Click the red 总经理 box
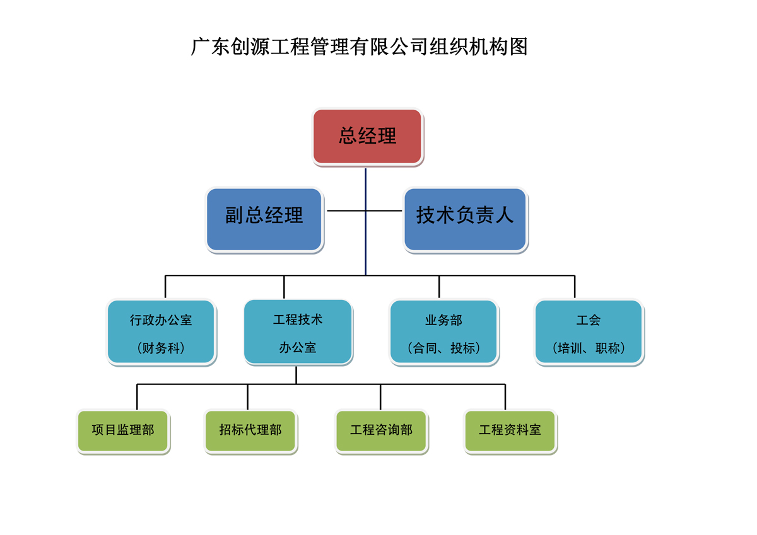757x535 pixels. point(367,136)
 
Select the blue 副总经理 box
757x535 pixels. point(264,219)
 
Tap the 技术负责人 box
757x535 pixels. point(465,219)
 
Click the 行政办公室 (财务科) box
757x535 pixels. point(161,332)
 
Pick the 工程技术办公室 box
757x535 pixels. point(298,332)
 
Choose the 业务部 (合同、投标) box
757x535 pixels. point(443,332)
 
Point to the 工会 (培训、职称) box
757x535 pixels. point(589,332)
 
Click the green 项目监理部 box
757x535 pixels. point(123,431)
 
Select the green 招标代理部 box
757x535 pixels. point(250,431)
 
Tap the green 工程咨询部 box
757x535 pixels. point(381,431)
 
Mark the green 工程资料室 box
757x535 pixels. point(510,431)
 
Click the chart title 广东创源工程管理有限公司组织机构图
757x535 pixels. point(359,47)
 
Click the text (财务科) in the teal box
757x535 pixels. point(161,348)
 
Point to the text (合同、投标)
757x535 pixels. point(443,348)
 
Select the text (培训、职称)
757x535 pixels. point(589,348)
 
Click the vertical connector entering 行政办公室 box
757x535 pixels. point(165,287)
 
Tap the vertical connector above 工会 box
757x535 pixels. point(575,287)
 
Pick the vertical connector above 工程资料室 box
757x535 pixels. point(505,397)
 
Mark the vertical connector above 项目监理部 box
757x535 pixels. point(137,397)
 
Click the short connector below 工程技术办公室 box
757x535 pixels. point(296,375)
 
